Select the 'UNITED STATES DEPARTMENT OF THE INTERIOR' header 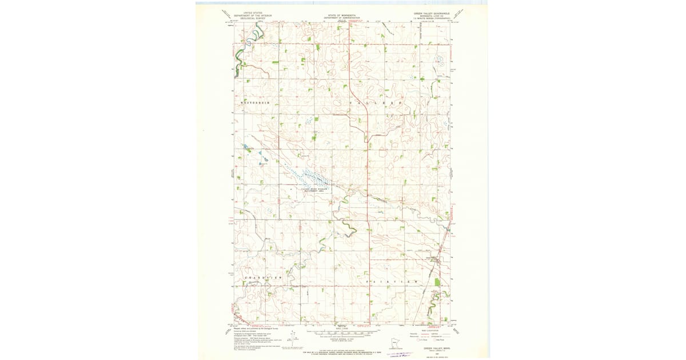click(x=254, y=14)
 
